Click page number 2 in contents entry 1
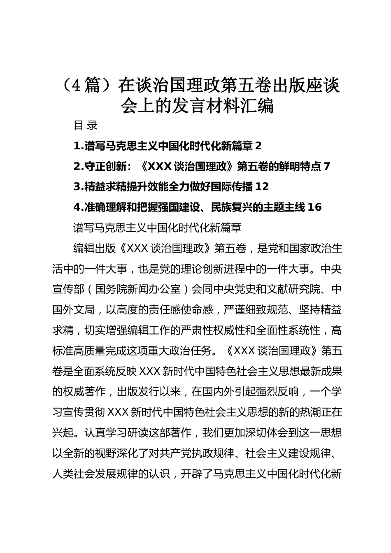click(258, 146)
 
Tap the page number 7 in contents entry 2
click(327, 166)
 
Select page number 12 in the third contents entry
click(262, 186)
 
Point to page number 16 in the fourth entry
click(314, 207)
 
